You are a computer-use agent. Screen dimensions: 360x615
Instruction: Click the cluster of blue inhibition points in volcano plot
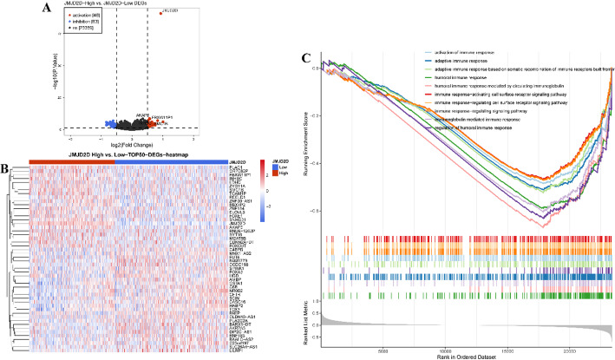pos(109,124)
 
